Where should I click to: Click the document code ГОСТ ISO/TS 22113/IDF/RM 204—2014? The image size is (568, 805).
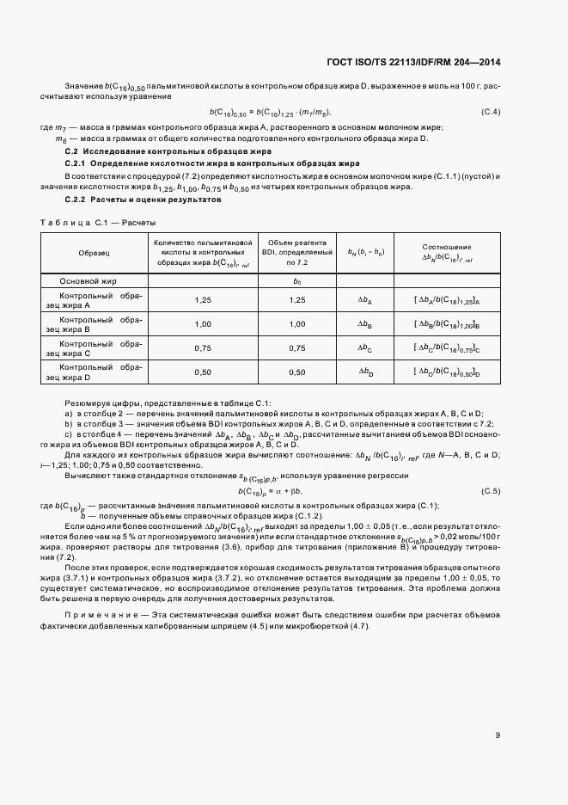tap(414, 62)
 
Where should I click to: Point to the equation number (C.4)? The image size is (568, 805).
tap(491, 112)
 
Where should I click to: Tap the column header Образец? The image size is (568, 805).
tap(94, 254)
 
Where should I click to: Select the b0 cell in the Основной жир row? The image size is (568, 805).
tap(297, 280)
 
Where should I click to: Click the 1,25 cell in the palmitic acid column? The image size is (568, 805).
tap(203, 299)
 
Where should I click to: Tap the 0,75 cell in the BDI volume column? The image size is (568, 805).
tap(297, 347)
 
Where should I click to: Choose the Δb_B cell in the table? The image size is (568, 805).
tap(365, 323)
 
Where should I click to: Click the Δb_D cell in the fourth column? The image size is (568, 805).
tap(365, 372)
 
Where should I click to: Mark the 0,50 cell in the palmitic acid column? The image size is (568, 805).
tap(203, 372)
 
